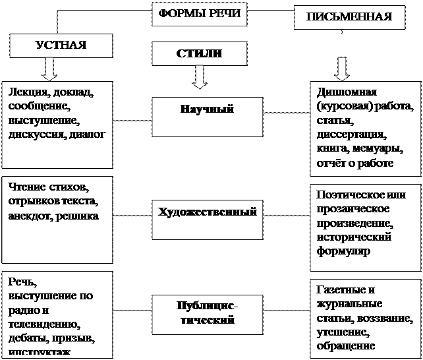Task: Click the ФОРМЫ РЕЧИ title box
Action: coord(198,14)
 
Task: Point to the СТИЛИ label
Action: coord(198,53)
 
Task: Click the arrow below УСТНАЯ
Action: coord(49,68)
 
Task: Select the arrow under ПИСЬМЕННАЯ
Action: coord(341,68)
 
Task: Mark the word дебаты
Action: coord(26,338)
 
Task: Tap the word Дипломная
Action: coord(345,92)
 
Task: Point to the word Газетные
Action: coord(341,290)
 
